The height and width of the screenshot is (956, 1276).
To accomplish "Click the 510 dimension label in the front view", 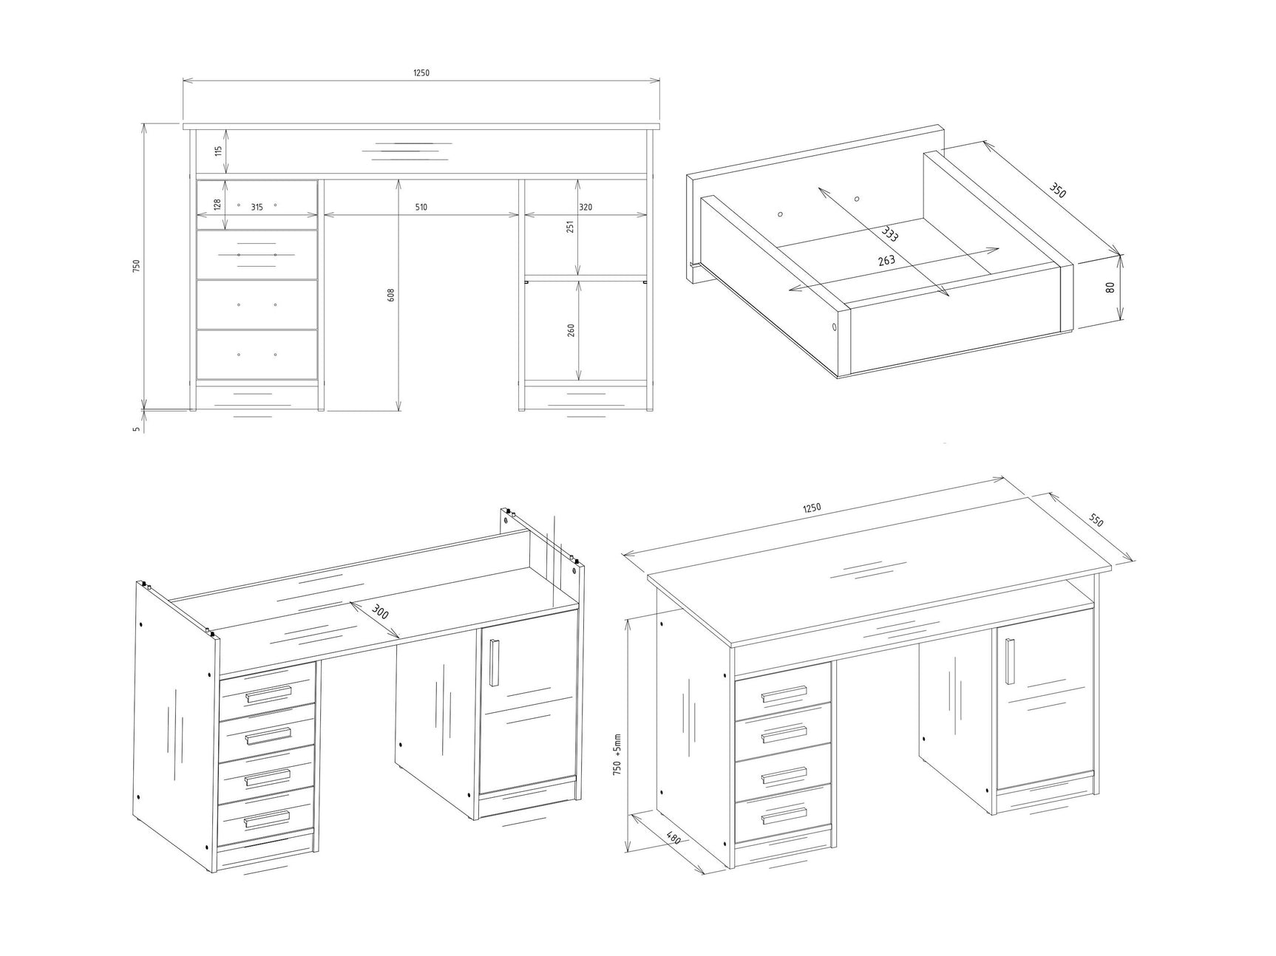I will click(421, 208).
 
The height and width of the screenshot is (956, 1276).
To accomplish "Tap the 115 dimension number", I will click(218, 151).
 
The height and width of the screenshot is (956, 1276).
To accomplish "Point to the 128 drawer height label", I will click(217, 205).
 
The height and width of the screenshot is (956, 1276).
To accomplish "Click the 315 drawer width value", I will click(257, 208).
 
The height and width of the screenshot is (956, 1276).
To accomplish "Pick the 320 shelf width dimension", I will click(586, 208).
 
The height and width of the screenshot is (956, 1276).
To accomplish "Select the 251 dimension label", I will click(570, 226).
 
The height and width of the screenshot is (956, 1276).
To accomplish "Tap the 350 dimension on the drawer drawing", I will click(1058, 190).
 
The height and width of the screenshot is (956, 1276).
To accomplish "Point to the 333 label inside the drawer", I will click(890, 235).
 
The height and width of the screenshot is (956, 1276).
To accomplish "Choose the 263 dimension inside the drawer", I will click(886, 261).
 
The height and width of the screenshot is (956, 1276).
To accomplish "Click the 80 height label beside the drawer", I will click(1110, 287).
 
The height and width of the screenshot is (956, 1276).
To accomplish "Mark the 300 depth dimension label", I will click(380, 612).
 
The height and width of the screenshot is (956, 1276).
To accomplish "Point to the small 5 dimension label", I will click(137, 428).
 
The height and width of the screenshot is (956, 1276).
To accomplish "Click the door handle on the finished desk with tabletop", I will click(1009, 660).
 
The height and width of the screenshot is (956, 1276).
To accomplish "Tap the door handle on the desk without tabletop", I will click(495, 661).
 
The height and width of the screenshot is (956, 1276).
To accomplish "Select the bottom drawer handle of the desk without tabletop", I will click(268, 816).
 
